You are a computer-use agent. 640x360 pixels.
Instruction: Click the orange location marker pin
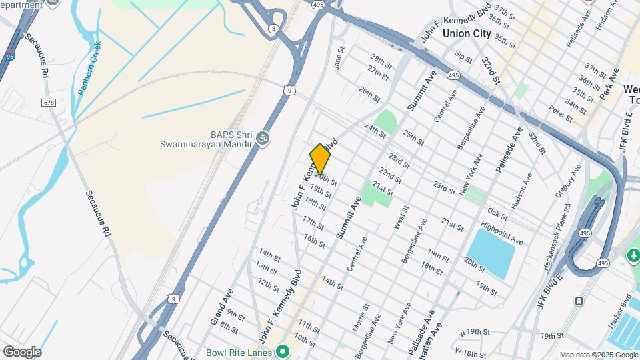pos(321,159)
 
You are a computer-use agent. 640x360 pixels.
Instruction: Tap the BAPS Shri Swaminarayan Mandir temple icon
pos(263,138)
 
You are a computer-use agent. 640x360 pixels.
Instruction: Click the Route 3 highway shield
pos(273,28)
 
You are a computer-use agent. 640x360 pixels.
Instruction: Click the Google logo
pos(21,351)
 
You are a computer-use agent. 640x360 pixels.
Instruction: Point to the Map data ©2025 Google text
pos(597,355)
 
